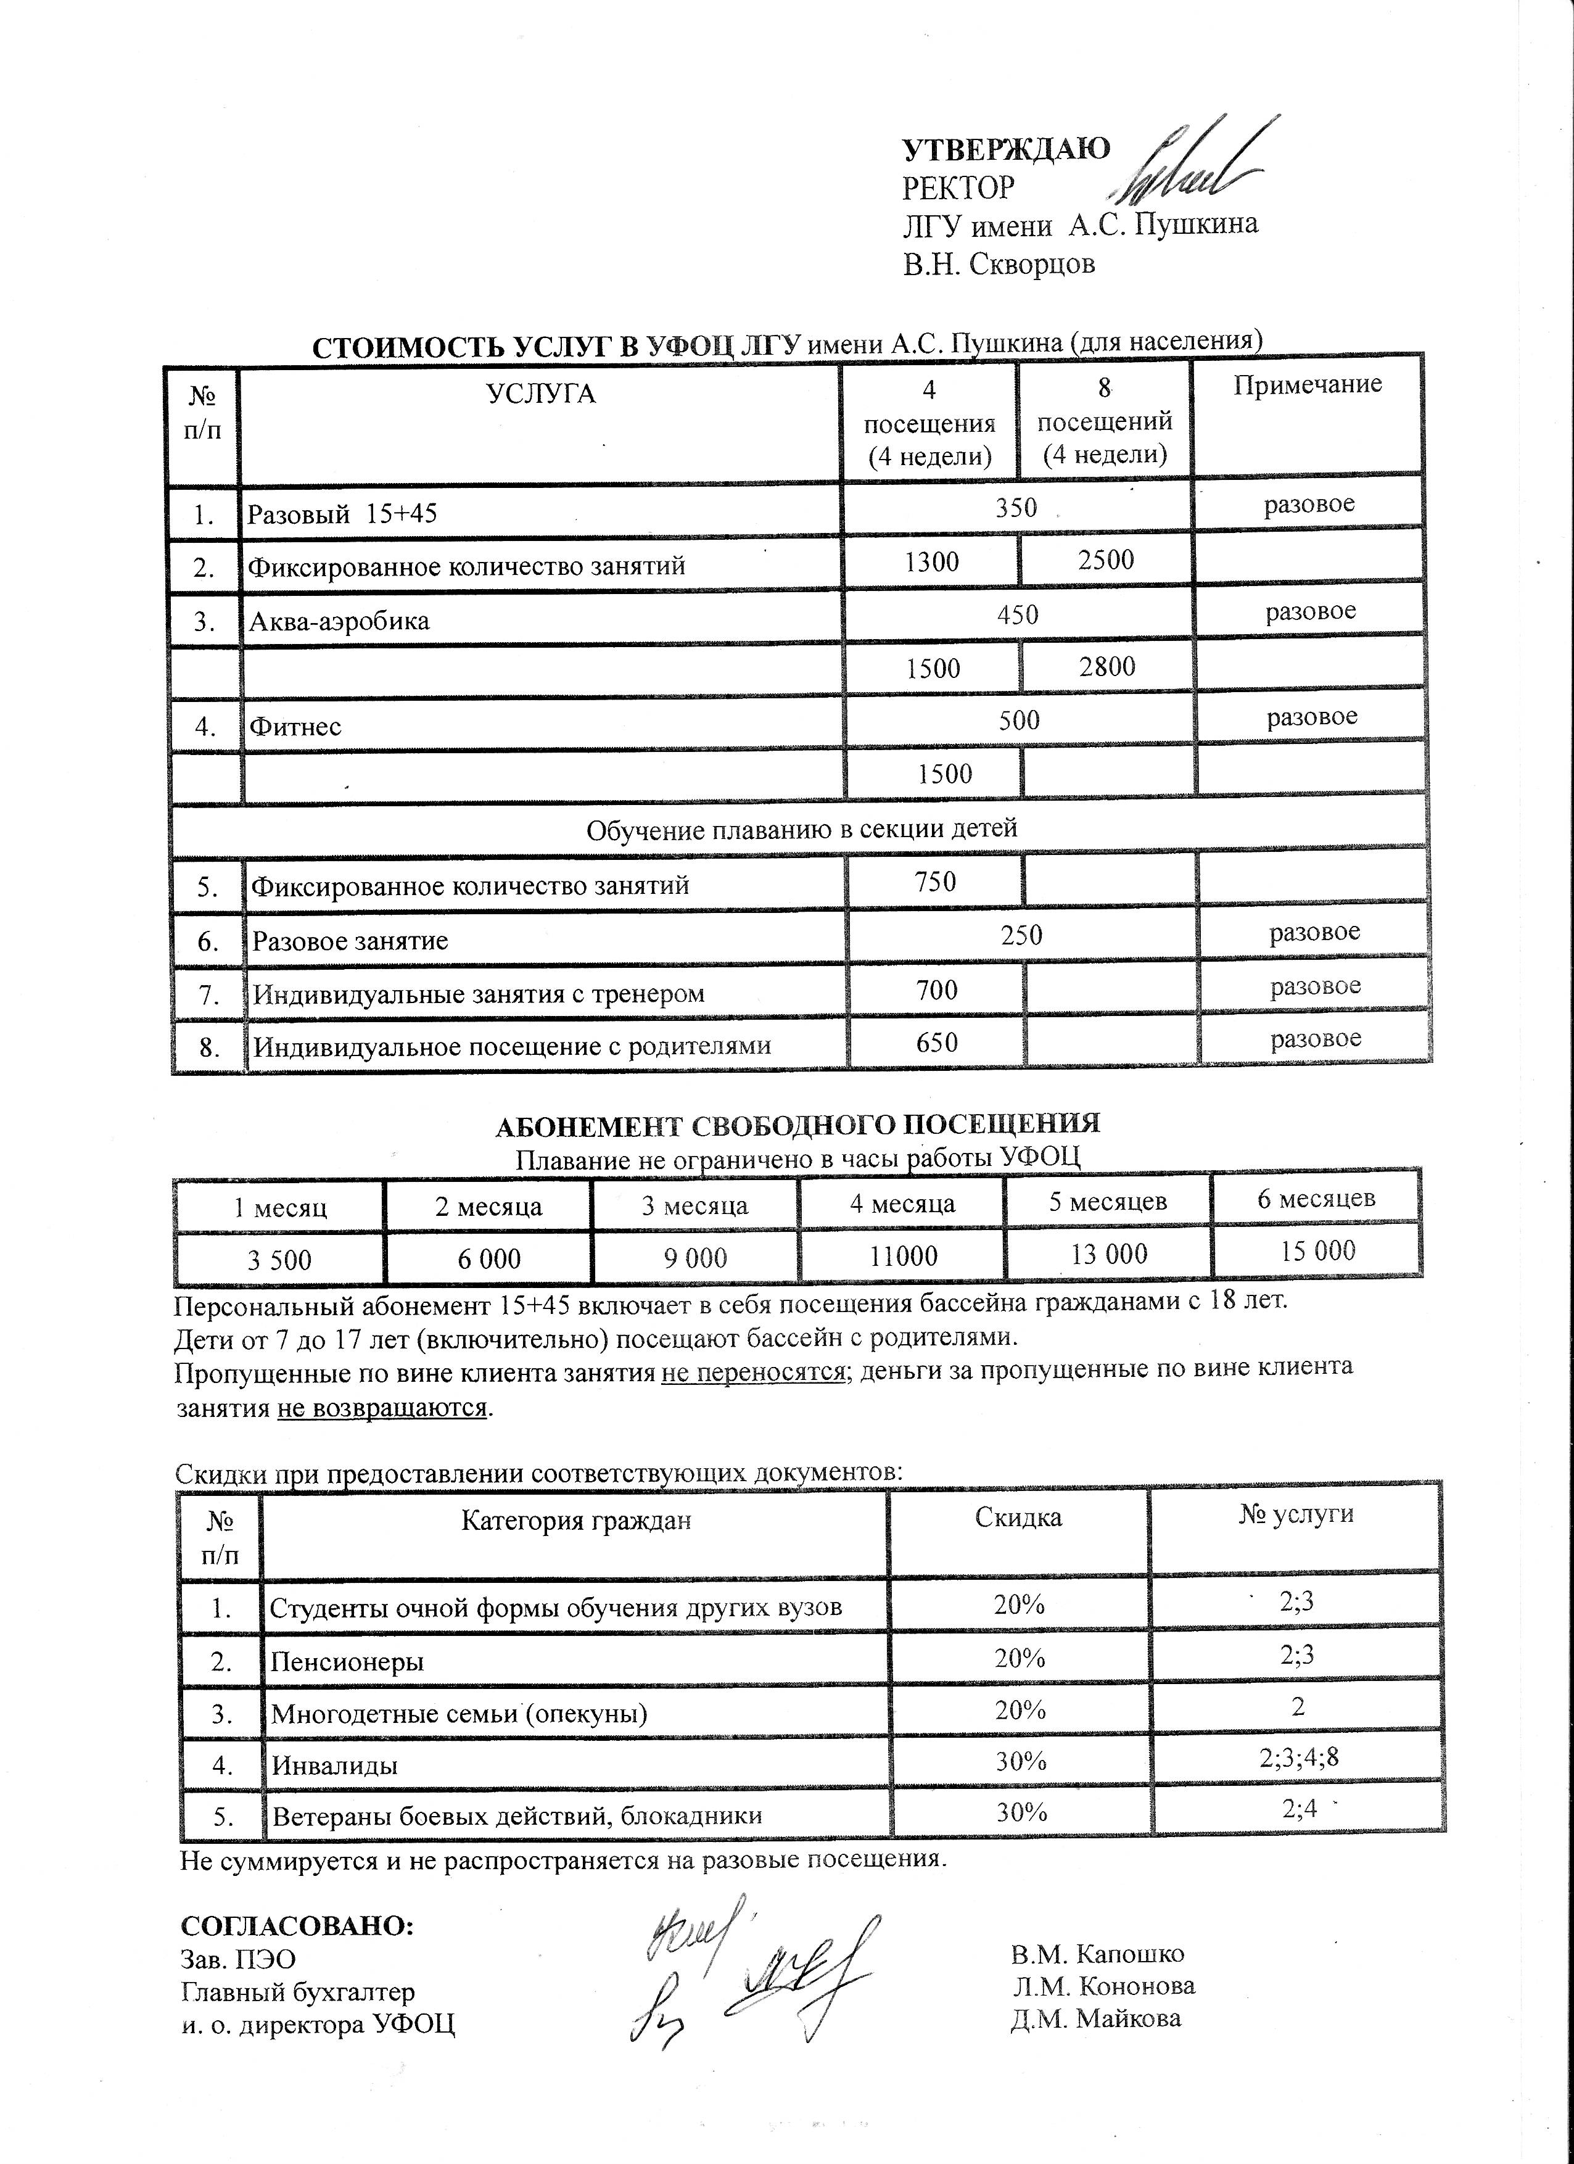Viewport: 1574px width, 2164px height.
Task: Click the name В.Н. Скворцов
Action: [999, 263]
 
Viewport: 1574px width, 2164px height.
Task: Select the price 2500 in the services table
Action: [1106, 560]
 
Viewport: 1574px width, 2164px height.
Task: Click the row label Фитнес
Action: [295, 727]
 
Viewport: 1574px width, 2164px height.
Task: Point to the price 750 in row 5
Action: [935, 882]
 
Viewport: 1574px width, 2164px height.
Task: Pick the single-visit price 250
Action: [1021, 935]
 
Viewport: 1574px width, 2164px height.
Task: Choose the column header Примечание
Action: [1307, 384]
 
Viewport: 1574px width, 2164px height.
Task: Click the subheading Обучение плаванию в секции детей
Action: [801, 829]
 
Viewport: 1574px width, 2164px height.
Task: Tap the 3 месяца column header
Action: [694, 1206]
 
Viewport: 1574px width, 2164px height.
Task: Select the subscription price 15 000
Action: [1317, 1251]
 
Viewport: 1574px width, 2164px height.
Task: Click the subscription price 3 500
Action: [279, 1260]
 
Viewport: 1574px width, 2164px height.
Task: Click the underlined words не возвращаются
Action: [382, 1407]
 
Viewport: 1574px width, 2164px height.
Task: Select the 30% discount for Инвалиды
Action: [1021, 1761]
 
